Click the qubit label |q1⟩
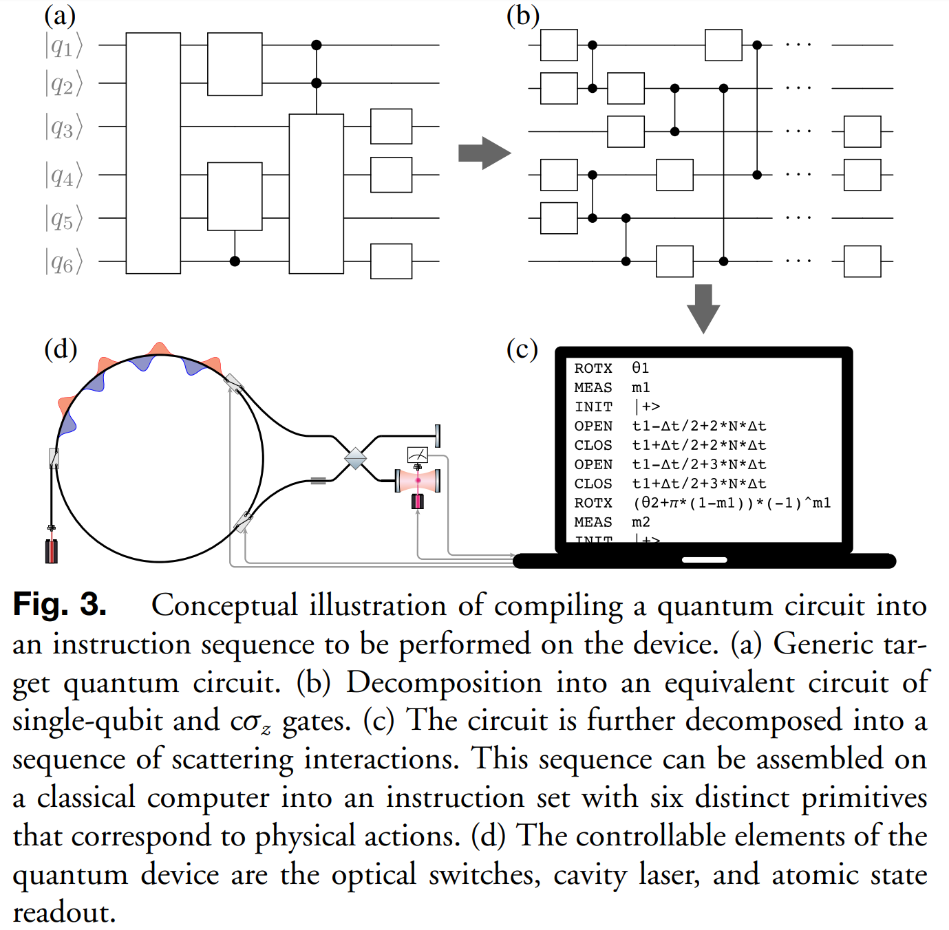point(63,46)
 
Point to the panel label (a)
point(60,15)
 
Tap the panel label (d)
point(61,349)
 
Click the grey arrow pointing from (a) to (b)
point(484,153)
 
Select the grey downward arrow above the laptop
point(703,308)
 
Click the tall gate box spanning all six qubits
point(153,153)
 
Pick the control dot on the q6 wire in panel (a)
point(235,261)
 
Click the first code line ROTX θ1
point(612,368)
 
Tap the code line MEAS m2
point(612,522)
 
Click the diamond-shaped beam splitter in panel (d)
point(355,458)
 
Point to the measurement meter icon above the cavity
point(418,455)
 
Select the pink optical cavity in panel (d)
point(418,480)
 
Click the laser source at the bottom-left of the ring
point(52,551)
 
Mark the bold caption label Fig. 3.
point(60,605)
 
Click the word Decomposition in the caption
point(444,682)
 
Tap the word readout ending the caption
point(64,913)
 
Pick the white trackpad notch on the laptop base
point(704,560)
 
